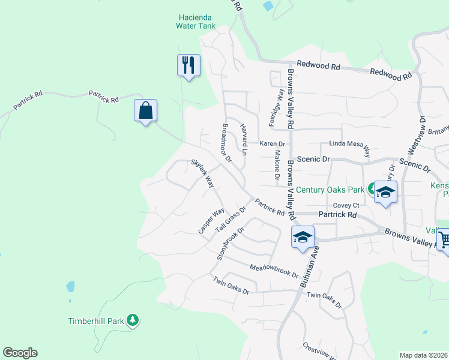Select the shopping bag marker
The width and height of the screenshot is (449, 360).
145,111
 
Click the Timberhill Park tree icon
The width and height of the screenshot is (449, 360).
133,321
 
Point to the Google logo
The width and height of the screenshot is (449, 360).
20,353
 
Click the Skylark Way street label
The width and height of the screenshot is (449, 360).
203,173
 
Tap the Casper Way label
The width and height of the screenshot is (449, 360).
211,221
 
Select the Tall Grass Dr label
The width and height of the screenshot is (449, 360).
231,220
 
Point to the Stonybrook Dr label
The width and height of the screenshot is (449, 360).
231,243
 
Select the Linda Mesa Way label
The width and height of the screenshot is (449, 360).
349,145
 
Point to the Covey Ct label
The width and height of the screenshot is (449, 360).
346,205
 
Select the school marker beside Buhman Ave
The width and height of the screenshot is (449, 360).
303,237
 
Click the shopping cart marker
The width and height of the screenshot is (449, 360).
443,239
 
